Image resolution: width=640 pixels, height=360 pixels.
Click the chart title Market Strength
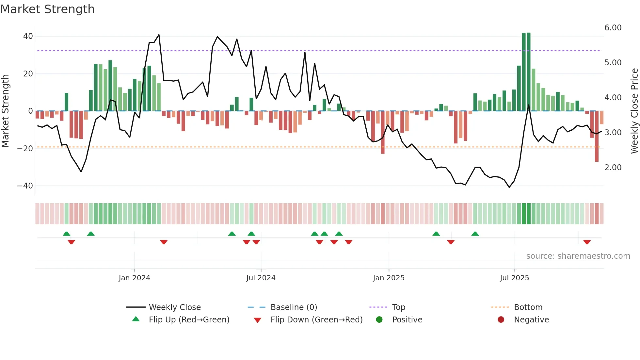tap(47, 9)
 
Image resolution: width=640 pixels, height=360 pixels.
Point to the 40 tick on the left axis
tap(28, 36)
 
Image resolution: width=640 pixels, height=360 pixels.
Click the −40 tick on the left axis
tap(25, 186)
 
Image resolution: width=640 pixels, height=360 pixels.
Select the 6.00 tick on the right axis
tap(613, 28)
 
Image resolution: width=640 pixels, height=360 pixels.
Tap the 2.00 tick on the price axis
tap(613, 168)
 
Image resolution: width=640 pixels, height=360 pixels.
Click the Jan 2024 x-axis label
tap(134, 278)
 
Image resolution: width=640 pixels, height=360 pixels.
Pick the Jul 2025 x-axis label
tap(514, 278)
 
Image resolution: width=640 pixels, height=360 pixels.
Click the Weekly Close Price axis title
tap(634, 111)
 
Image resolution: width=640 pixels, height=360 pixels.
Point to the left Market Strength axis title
tap(6, 111)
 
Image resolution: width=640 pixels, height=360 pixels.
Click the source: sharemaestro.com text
tap(578, 256)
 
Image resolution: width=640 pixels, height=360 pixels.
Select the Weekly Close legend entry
tap(174, 307)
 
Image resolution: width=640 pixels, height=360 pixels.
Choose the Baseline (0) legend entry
tap(294, 307)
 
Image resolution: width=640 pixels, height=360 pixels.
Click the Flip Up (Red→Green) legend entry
tap(189, 320)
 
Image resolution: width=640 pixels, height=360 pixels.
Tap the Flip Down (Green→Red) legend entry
tap(316, 320)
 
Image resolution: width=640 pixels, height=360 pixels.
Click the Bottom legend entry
tap(528, 307)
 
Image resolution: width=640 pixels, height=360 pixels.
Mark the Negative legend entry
tap(531, 320)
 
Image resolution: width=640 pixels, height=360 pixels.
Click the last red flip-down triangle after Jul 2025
tap(587, 242)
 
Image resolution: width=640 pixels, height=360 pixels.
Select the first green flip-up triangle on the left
tap(66, 234)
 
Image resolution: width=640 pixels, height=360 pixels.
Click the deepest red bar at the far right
tap(597, 137)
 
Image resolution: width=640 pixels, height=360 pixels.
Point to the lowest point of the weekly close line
tap(509, 187)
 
